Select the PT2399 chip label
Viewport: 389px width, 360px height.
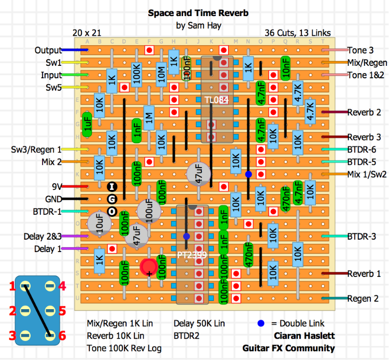pyautogui.click(x=192, y=255)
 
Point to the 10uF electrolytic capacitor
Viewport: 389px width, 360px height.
pyautogui.click(x=99, y=224)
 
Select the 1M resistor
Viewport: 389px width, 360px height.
pyautogui.click(x=149, y=118)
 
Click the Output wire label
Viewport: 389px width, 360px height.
pyautogui.click(x=48, y=50)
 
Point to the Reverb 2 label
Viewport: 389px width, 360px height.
pyautogui.click(x=364, y=112)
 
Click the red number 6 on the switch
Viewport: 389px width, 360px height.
pyautogui.click(x=62, y=336)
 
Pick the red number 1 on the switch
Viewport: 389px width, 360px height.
pyautogui.click(x=12, y=286)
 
